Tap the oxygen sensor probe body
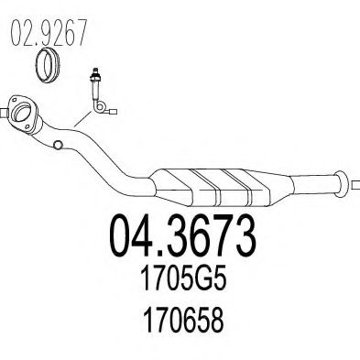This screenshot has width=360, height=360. (94, 84)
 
